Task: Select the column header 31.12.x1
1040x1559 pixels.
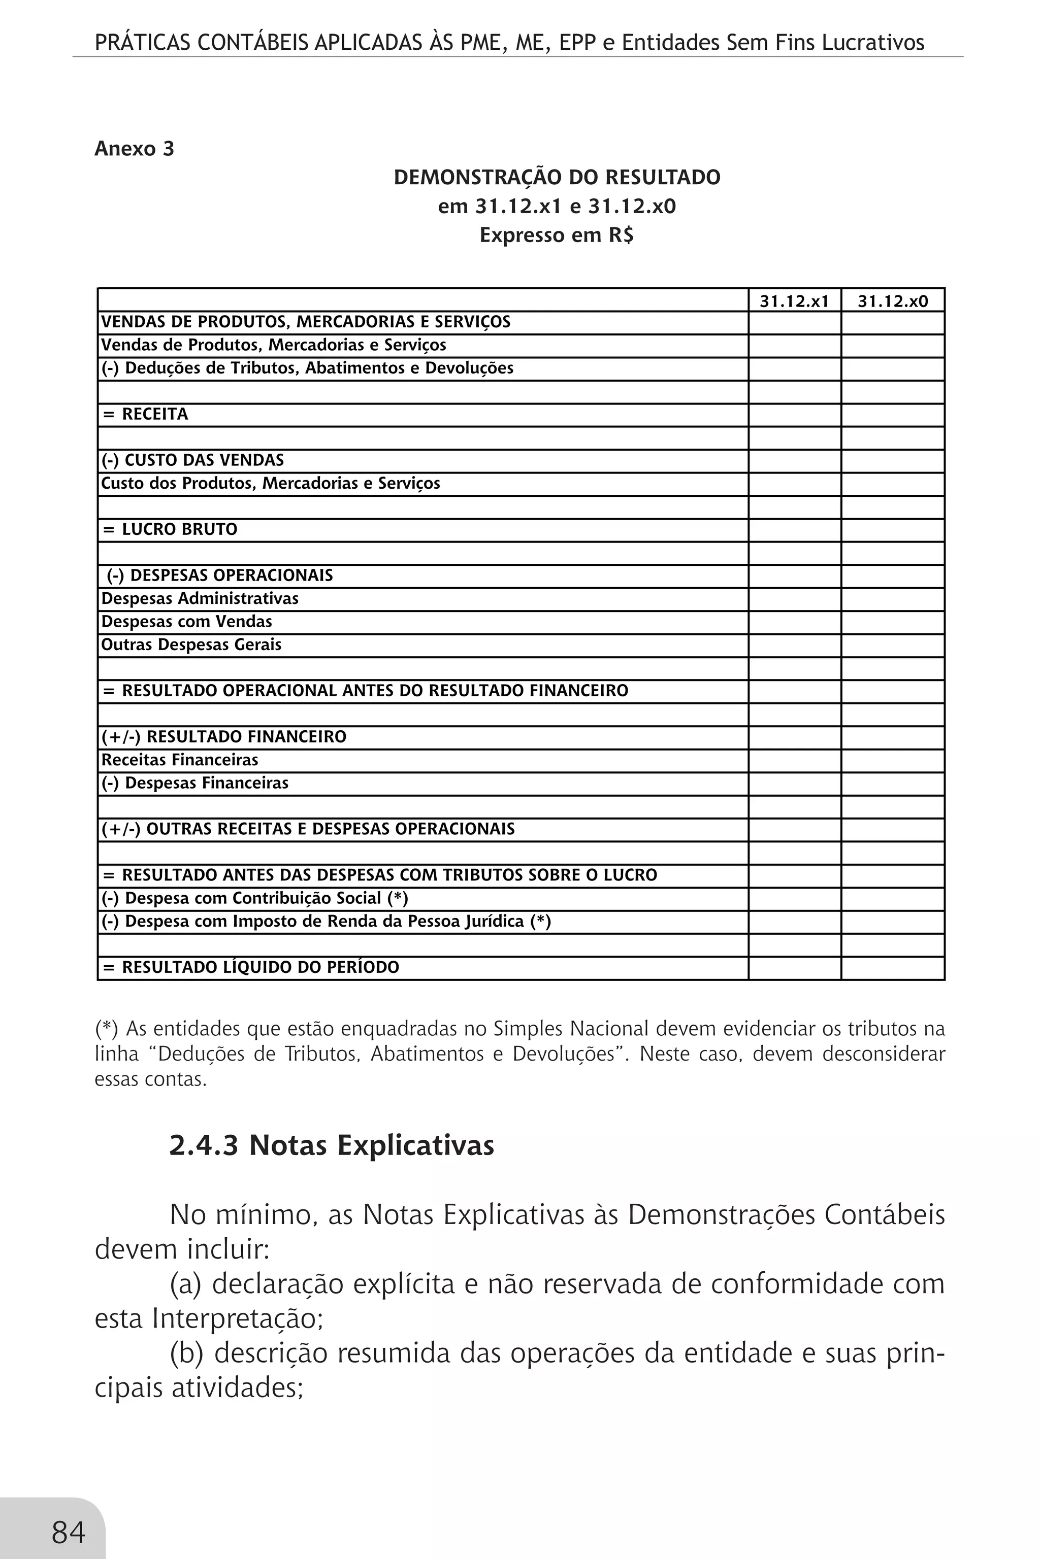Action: point(794,301)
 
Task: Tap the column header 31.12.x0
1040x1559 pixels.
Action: point(892,301)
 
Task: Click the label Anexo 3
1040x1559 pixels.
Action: point(134,149)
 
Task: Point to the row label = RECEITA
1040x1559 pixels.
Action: point(146,414)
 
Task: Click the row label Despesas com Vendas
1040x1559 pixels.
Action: point(186,622)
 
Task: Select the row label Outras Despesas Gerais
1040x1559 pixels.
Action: point(191,645)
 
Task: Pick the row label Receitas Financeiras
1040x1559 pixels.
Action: point(179,760)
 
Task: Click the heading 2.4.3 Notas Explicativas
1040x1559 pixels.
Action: point(332,1145)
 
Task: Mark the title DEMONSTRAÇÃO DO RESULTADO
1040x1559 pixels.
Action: point(557,178)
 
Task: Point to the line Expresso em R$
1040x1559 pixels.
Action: point(557,235)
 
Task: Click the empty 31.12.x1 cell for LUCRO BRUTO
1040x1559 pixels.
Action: point(794,530)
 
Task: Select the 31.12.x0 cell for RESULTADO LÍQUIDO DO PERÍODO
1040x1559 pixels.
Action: point(892,968)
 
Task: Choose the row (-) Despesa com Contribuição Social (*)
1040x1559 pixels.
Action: point(254,899)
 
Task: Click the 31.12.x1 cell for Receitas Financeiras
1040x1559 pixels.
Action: point(794,761)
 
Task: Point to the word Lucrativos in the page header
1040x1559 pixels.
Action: point(872,43)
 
